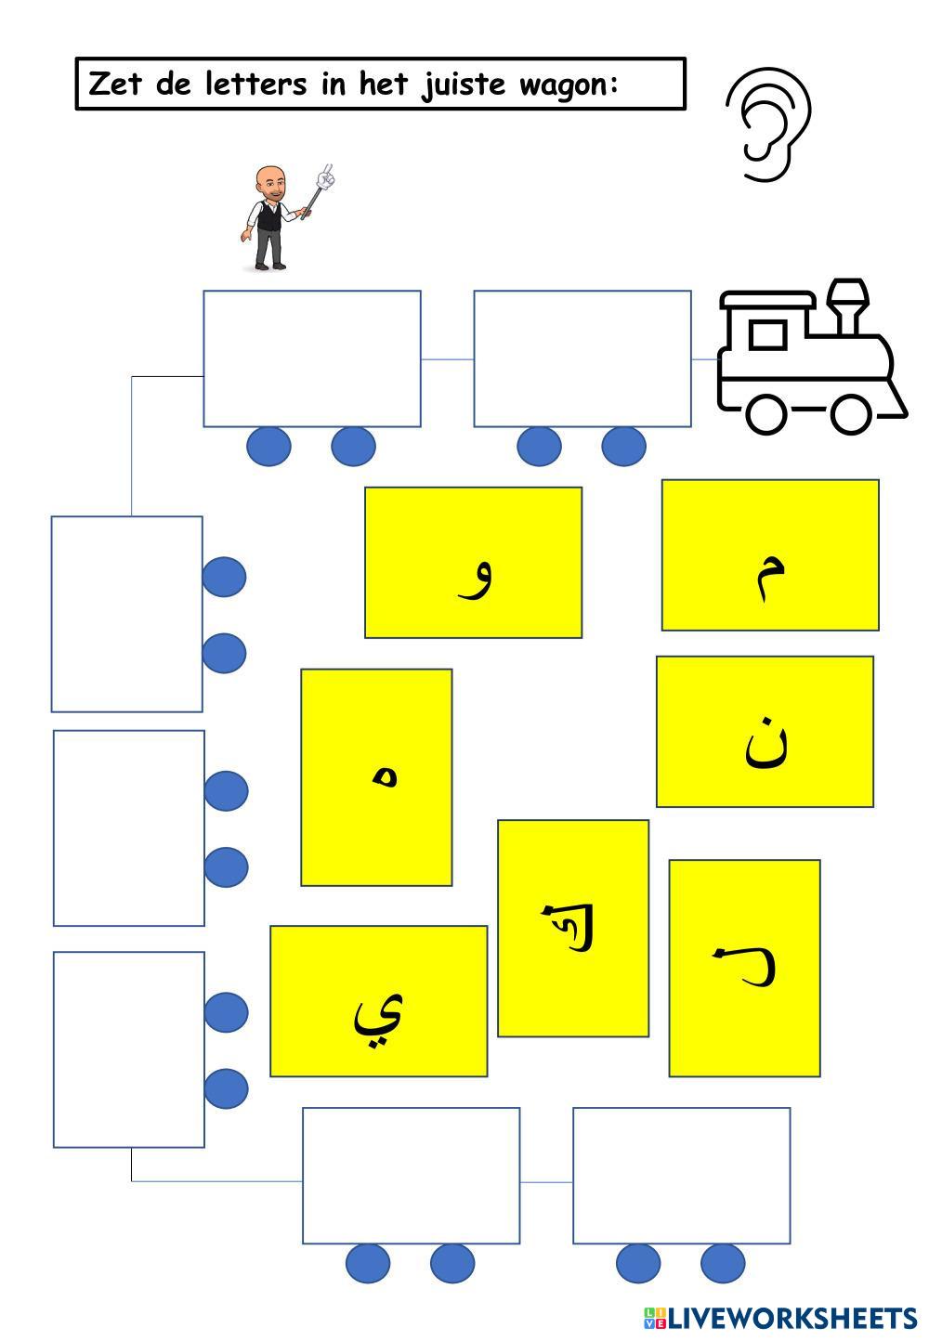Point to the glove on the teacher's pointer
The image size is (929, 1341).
[x=324, y=176]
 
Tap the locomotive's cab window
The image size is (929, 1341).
[x=767, y=334]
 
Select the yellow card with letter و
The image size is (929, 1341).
[x=473, y=563]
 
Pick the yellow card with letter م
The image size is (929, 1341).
[x=770, y=555]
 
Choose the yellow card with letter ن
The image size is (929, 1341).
[x=765, y=732]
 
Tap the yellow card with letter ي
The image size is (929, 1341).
[x=378, y=1001]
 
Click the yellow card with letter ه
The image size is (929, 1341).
[x=376, y=777]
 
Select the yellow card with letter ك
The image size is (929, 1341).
[x=573, y=928]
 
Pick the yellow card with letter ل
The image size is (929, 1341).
[x=744, y=968]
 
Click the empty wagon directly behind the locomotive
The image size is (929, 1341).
[x=582, y=358]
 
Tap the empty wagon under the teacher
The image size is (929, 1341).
[x=312, y=358]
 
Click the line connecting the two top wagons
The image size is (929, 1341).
[x=447, y=358]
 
